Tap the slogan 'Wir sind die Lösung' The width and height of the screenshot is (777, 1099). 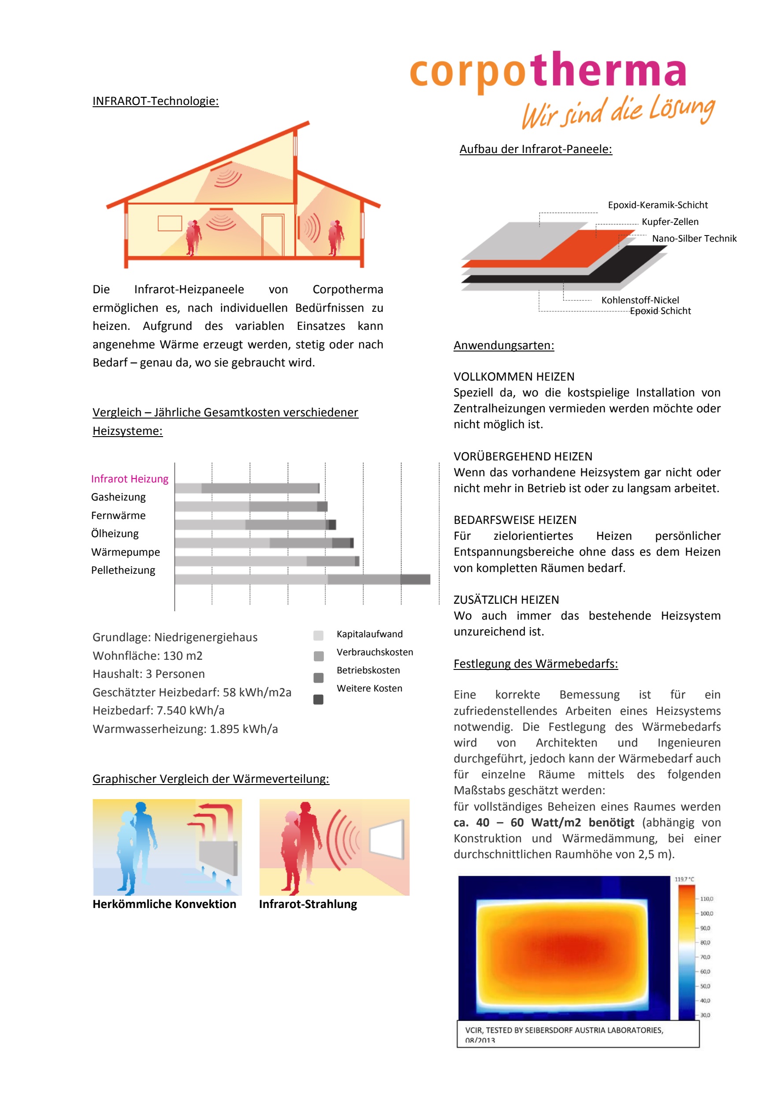(x=618, y=112)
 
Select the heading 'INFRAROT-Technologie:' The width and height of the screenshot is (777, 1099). (x=156, y=101)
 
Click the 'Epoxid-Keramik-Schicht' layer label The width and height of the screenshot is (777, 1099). (x=658, y=205)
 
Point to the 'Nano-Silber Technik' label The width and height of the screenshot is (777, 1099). (x=694, y=239)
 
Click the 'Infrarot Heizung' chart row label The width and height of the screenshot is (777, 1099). (x=130, y=478)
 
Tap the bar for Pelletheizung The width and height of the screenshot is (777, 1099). (x=302, y=579)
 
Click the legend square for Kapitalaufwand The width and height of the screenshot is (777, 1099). (x=318, y=635)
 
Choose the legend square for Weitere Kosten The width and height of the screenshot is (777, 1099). (x=318, y=700)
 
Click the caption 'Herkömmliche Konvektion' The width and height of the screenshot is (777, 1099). (x=164, y=904)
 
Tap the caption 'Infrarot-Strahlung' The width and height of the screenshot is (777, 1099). (x=308, y=904)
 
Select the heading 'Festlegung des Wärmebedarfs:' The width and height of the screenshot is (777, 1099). (x=535, y=664)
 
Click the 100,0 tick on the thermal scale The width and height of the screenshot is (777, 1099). (x=706, y=914)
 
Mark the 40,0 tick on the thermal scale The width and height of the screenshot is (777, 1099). (x=705, y=1001)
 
